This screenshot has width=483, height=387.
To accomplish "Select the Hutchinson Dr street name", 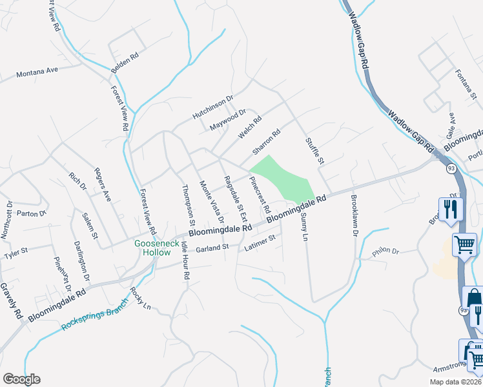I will click(x=212, y=108).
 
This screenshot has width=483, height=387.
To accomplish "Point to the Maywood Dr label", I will click(x=229, y=120).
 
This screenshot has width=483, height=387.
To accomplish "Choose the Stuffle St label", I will click(x=314, y=150).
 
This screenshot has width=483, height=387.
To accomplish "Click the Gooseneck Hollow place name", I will click(x=152, y=248).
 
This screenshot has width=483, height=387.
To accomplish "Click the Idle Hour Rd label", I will click(x=185, y=261).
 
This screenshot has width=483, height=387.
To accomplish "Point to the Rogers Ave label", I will click(x=103, y=184).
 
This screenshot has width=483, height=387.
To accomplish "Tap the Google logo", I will click(x=21, y=379).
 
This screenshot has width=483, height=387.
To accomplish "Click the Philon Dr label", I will click(x=387, y=252).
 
